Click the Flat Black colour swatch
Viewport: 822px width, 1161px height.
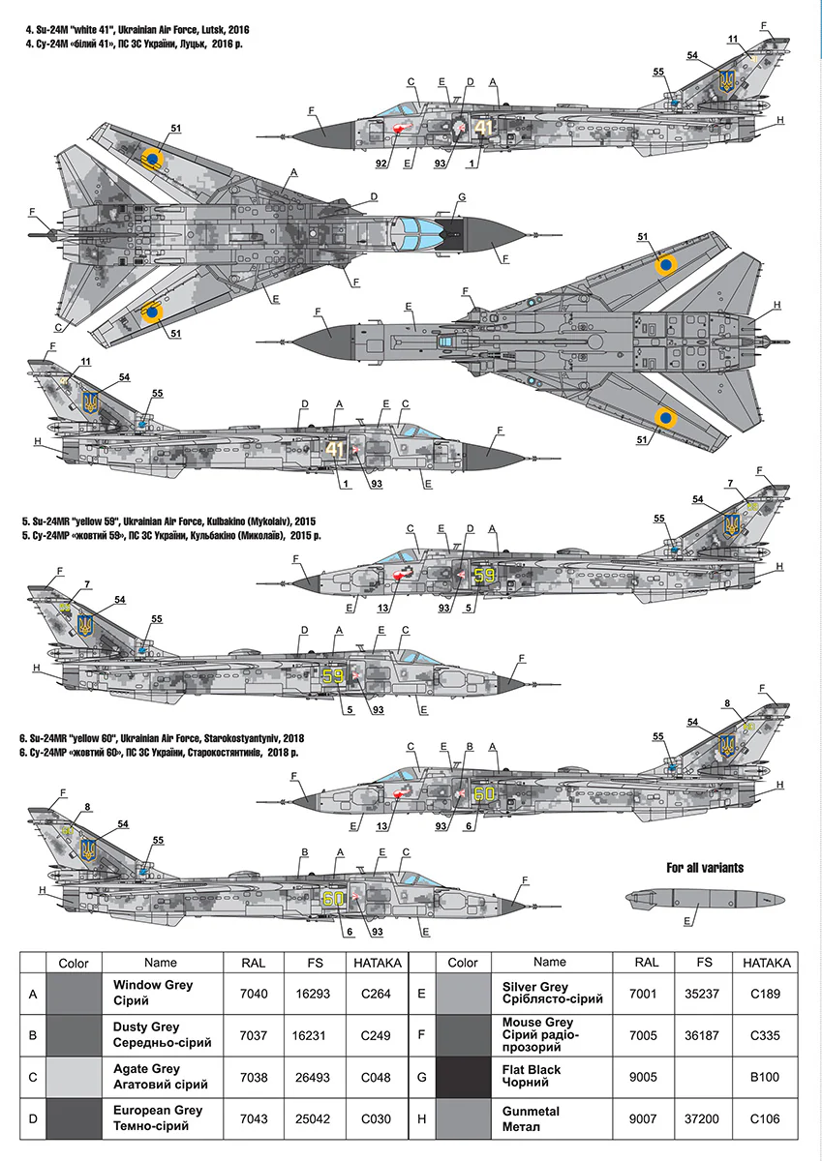pyautogui.click(x=463, y=1077)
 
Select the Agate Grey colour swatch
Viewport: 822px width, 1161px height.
pyautogui.click(x=75, y=1077)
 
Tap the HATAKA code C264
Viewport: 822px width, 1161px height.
pyautogui.click(x=376, y=994)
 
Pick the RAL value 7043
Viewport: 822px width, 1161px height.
pyautogui.click(x=254, y=1119)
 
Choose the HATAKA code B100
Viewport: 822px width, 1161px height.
pyautogui.click(x=765, y=1077)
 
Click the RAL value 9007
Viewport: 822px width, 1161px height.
pyautogui.click(x=643, y=1119)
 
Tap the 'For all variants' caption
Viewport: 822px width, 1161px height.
pyautogui.click(x=705, y=868)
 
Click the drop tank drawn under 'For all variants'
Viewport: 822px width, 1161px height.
pyautogui.click(x=704, y=899)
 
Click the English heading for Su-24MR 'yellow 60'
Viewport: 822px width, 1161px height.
pyautogui.click(x=162, y=738)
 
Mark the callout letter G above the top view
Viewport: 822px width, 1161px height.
pyautogui.click(x=462, y=197)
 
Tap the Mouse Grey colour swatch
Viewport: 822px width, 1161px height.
pyautogui.click(x=463, y=1035)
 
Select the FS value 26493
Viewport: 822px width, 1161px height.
pyautogui.click(x=313, y=1077)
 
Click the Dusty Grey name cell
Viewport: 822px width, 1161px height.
pyautogui.click(x=163, y=1035)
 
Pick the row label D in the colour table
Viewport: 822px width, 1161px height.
pyautogui.click(x=33, y=1119)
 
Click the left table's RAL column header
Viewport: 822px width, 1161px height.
pyautogui.click(x=254, y=963)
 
